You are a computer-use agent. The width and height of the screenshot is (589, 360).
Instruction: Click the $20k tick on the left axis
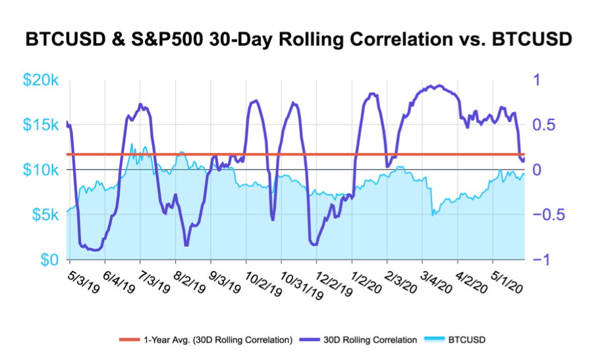click(x=42, y=80)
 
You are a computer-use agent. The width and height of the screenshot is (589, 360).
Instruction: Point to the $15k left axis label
click(x=42, y=125)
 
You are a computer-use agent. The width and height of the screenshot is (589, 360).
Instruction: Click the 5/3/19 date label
click(x=83, y=280)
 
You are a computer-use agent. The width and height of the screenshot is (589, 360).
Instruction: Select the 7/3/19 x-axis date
click(x=154, y=280)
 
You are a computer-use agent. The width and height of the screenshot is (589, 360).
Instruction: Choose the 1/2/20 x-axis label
click(x=366, y=280)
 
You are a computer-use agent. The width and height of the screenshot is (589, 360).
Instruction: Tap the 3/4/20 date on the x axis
click(x=437, y=280)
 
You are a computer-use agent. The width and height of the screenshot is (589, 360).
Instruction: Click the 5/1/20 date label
click(x=509, y=280)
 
